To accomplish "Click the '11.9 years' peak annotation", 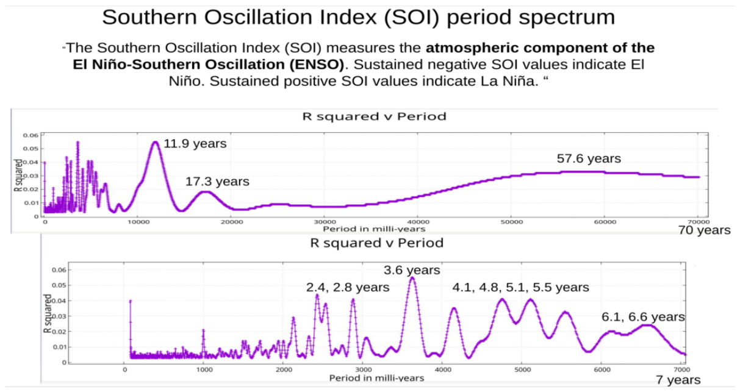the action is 195,144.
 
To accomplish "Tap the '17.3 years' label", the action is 217,181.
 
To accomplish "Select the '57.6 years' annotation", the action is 589,159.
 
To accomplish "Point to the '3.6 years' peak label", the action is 412,270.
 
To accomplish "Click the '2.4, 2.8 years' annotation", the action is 348,287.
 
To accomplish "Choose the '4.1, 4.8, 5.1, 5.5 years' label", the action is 520,287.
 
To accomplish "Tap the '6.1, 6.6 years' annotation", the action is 643,317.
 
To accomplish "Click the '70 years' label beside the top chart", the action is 705,230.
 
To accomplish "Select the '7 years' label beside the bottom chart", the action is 678,380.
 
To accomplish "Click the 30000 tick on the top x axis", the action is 325,222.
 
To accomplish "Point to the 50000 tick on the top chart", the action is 512,222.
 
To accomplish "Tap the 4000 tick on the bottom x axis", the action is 443,369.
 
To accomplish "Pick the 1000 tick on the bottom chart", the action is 204,369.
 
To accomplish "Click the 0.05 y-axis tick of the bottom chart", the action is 59,285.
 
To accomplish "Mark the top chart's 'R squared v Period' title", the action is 375,116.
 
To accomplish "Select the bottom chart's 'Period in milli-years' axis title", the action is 376,378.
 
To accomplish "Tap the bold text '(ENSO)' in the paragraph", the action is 317,65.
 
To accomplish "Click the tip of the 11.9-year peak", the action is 156,141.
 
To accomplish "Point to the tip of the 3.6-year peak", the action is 412,277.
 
